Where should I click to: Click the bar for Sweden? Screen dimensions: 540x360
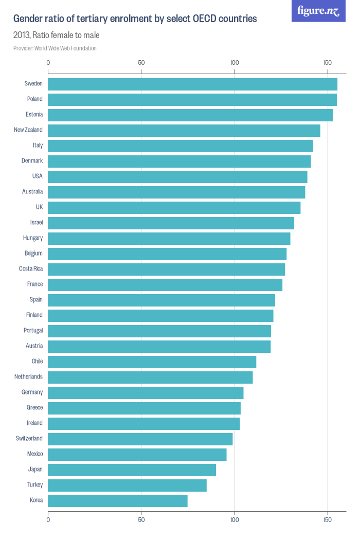pos(192,84)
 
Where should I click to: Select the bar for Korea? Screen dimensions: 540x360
pos(118,500)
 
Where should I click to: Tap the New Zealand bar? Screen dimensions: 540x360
pos(184,130)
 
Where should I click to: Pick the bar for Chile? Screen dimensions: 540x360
pos(152,362)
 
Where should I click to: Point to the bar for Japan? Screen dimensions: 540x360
pos(132,470)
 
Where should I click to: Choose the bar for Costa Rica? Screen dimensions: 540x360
pos(167,269)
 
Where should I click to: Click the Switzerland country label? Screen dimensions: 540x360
pos(29,438)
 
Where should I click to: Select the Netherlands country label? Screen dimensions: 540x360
pos(29,376)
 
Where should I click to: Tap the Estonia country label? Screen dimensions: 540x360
pos(34,114)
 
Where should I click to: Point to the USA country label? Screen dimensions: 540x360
pos(37,176)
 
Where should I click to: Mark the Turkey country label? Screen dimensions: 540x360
pos(35,484)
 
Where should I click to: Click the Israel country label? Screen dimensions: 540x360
pos(37,222)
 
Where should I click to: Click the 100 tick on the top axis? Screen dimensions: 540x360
pos(235,63)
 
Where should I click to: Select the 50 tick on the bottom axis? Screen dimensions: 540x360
pos(141,520)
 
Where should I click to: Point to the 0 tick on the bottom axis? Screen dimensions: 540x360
pos(48,520)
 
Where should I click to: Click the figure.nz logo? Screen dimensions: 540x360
pos(319,11)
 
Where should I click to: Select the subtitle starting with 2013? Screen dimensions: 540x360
pos(57,35)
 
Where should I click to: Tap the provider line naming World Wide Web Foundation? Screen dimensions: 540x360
pos(55,48)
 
